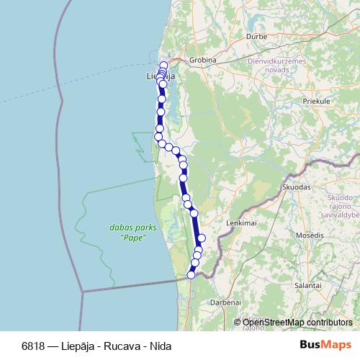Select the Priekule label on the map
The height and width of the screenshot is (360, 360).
point(316,102)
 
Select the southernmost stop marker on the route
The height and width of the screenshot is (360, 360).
point(192,274)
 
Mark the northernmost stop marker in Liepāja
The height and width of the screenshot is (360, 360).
point(163,66)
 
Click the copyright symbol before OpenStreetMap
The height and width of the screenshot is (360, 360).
point(238,323)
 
